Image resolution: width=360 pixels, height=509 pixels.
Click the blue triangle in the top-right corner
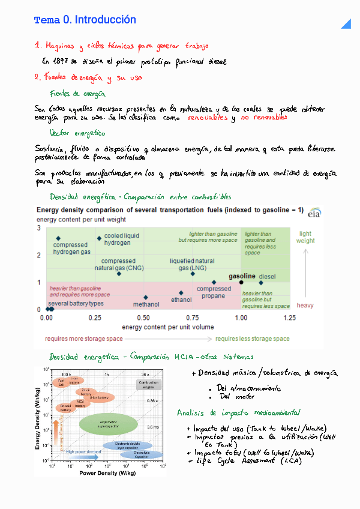point(346,23)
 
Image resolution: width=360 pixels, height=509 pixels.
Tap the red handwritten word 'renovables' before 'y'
point(208,118)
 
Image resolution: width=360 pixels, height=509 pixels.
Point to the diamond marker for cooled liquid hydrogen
point(100,238)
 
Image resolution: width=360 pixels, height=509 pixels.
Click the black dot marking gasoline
point(241,282)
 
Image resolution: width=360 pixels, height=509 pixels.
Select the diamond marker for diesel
point(261,283)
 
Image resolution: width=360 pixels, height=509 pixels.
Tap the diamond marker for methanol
point(146,297)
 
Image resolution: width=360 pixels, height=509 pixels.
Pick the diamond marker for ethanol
point(181,293)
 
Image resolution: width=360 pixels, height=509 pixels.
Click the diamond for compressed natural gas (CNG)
point(119,274)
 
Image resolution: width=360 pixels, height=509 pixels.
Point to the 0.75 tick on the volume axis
point(193,318)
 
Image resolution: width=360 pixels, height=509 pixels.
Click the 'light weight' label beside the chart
point(305,237)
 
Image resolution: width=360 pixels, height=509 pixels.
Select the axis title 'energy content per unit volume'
point(167,327)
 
